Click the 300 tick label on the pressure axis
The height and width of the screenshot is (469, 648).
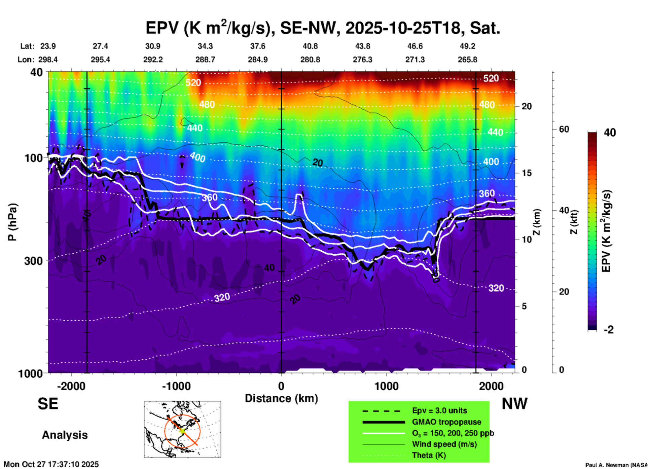tap(33, 261)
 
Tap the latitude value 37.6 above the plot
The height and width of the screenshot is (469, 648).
tap(258, 46)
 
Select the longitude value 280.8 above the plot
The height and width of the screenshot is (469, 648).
tap(310, 60)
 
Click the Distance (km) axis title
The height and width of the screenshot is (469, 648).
tap(281, 398)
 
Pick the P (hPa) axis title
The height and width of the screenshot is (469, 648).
tap(12, 222)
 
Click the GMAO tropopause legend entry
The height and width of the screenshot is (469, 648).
tap(446, 422)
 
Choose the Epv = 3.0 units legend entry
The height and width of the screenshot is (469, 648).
tap(439, 411)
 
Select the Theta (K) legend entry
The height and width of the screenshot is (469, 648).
tap(429, 456)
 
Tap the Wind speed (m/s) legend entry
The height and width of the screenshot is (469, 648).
tap(444, 444)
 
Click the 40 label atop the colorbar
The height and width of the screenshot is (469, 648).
tap(610, 133)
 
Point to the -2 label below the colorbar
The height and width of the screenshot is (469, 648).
tap(609, 330)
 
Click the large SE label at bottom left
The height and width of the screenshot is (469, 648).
tap(48, 404)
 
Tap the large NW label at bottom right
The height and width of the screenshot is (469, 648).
tap(514, 404)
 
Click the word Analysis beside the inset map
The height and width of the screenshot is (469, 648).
tap(65, 435)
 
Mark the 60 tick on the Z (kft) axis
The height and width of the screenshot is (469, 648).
tap(564, 130)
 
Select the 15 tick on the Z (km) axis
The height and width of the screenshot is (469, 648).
tap(527, 173)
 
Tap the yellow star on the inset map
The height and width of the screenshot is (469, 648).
tap(182, 430)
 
